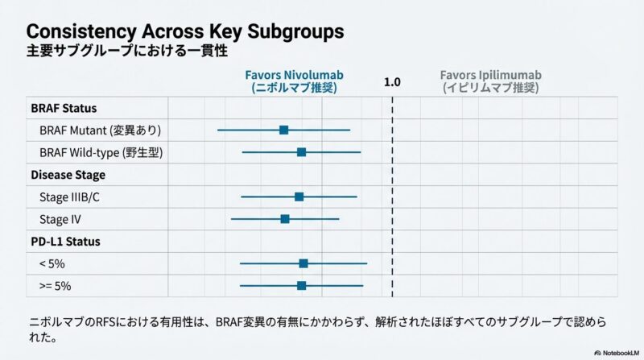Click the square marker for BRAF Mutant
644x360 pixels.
(x=283, y=130)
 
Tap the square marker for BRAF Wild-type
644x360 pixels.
(x=301, y=152)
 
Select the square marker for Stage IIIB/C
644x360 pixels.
(x=299, y=197)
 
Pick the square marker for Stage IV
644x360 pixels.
(x=285, y=219)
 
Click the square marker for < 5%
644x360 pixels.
(x=303, y=263)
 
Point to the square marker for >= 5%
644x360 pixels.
(x=301, y=285)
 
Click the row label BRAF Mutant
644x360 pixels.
(x=100, y=130)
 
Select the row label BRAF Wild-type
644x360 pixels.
(x=101, y=152)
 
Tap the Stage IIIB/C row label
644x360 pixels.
(x=69, y=197)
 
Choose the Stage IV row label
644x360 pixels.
(x=60, y=219)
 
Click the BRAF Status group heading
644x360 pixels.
(x=64, y=108)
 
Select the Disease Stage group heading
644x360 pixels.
(x=68, y=174)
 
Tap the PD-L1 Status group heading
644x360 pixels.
(x=65, y=241)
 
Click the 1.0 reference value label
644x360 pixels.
(x=392, y=82)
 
